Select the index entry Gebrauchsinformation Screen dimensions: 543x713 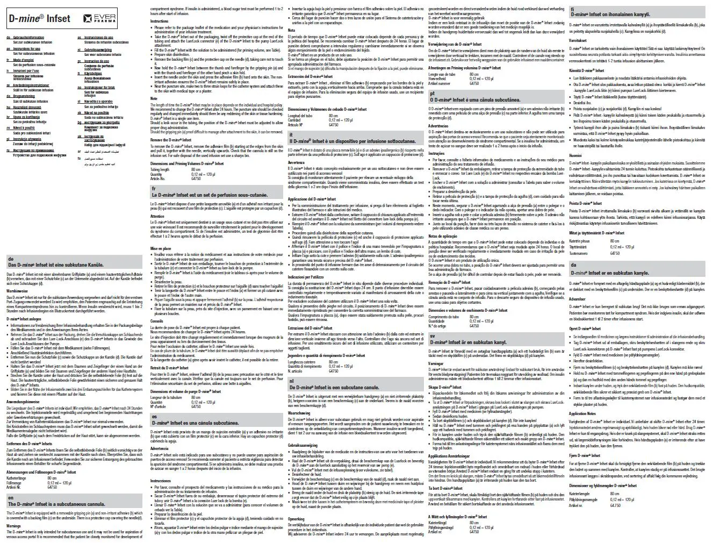(x=25, y=38)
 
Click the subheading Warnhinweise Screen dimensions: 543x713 (x=17, y=291)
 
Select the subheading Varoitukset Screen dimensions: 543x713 (x=579, y=40)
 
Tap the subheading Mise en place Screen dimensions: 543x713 (x=161, y=249)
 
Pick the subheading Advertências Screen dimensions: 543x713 (x=439, y=126)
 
